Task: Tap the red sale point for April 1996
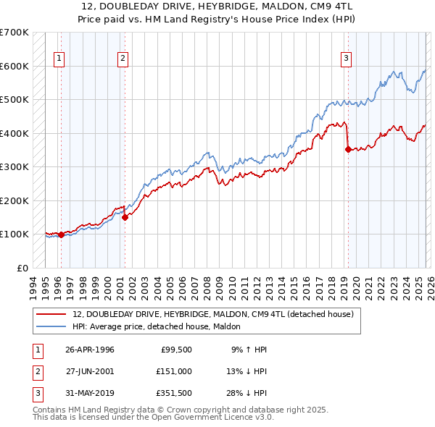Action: point(62,234)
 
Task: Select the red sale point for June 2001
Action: point(125,216)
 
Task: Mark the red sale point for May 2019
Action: point(348,150)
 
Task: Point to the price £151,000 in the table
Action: point(173,371)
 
